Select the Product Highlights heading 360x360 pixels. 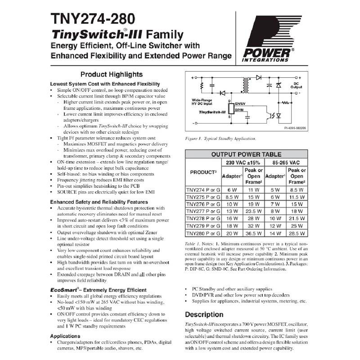tap(111, 74)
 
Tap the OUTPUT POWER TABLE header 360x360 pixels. tap(247, 154)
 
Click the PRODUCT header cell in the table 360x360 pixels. tap(202, 172)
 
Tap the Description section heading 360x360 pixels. tap(204, 314)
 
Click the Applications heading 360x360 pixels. tap(65, 336)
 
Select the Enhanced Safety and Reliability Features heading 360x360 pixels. tap(99, 202)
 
